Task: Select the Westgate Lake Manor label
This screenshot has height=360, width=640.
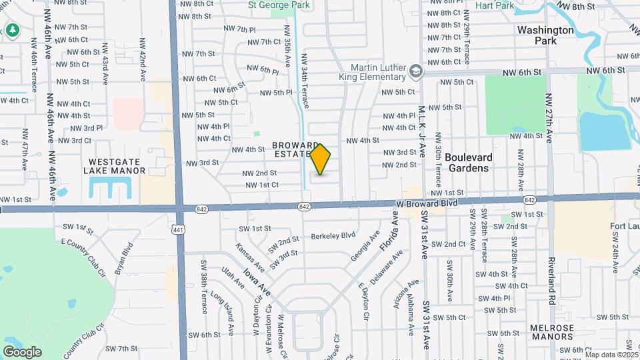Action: pos(115,166)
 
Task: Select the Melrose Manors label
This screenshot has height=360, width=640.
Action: pos(551,332)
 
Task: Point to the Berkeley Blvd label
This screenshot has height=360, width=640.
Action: pos(333,235)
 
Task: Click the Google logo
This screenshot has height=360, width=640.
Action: pos(22,351)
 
